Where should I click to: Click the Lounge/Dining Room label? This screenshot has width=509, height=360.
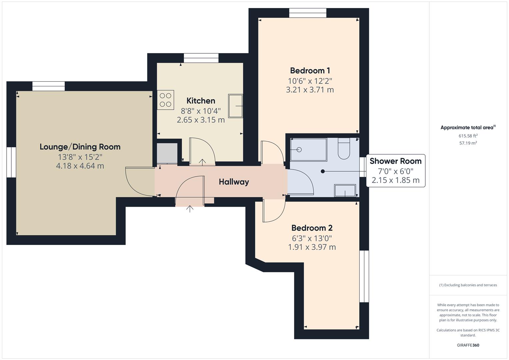[80, 147]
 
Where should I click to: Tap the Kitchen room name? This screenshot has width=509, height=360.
[201, 101]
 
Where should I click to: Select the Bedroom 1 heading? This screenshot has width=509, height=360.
[310, 71]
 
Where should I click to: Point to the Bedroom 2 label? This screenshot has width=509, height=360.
[312, 228]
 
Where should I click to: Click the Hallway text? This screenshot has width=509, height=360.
[234, 182]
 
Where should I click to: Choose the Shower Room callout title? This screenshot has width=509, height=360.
[395, 161]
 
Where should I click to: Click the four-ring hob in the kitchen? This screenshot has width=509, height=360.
[166, 100]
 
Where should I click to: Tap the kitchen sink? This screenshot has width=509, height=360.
[235, 106]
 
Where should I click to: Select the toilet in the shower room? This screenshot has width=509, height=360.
[344, 149]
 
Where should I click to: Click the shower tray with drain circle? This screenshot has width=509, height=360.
[308, 150]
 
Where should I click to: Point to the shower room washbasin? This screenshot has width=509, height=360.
[345, 191]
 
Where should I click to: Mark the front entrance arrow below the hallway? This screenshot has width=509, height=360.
[190, 209]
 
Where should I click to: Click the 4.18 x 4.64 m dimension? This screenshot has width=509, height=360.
[80, 166]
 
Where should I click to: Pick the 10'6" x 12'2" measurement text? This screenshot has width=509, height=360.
[310, 81]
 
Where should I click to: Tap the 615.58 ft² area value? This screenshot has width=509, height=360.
[468, 136]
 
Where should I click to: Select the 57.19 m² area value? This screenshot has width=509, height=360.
[468, 143]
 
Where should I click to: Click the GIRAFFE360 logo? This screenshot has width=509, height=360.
[468, 345]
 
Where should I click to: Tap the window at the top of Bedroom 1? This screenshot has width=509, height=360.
[307, 13]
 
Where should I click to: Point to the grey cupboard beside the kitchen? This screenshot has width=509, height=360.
[167, 153]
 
